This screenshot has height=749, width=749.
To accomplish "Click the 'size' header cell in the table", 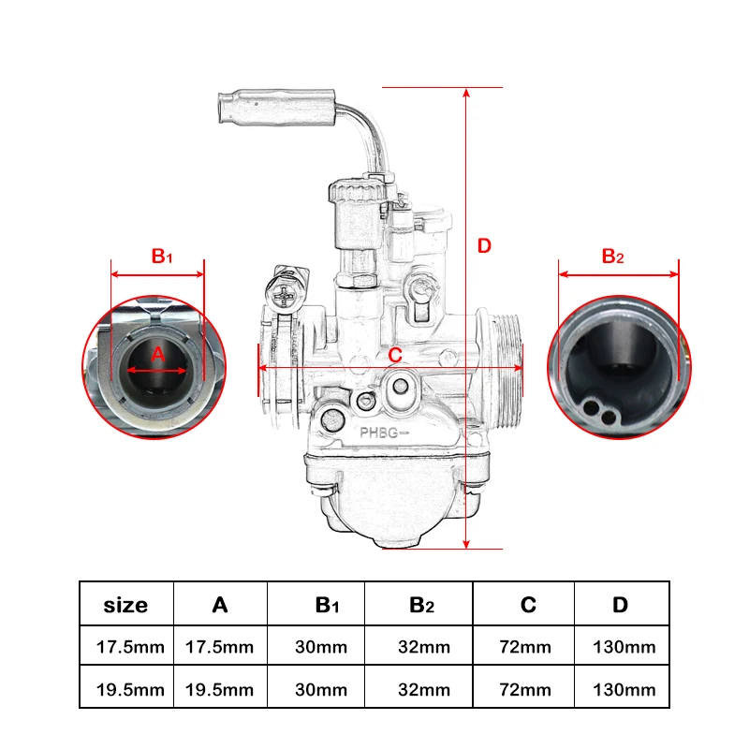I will click(x=125, y=605).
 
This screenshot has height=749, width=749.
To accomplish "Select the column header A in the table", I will click(x=220, y=605).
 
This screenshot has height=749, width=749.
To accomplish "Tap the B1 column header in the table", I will click(x=326, y=606).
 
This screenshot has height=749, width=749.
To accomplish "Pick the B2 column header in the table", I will click(x=422, y=606).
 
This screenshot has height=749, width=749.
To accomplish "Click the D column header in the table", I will click(x=620, y=605).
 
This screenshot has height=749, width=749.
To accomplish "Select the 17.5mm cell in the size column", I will click(x=129, y=647).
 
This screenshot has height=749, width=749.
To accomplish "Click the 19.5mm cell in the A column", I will click(x=220, y=690).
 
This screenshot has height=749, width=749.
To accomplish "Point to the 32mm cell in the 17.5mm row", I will click(x=423, y=647).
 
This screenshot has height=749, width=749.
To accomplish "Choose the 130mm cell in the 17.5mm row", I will click(x=624, y=647).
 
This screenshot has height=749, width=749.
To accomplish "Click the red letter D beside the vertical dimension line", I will click(x=484, y=246).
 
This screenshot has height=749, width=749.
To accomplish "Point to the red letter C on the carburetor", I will click(x=395, y=356).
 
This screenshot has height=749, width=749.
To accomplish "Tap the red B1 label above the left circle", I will click(x=162, y=256).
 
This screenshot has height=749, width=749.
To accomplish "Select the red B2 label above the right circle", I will click(x=612, y=256).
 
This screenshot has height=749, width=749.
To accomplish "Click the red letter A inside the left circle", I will click(x=158, y=354).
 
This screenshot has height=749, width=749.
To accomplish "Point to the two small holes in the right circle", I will click(x=598, y=410).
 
